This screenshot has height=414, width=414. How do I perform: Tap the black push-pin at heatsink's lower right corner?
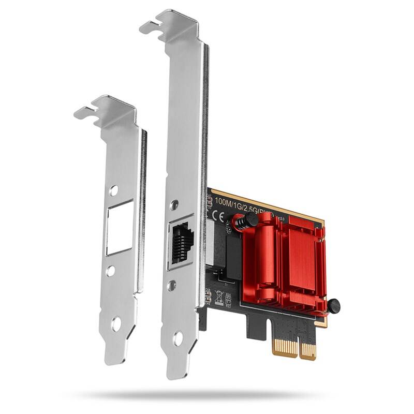point(333,305)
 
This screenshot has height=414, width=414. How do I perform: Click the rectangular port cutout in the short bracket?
point(120,228)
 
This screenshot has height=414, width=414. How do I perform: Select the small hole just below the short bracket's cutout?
point(111,270)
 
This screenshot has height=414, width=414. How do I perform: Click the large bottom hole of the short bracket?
point(116,324)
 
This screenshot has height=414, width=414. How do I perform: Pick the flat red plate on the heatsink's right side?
point(305,259)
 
